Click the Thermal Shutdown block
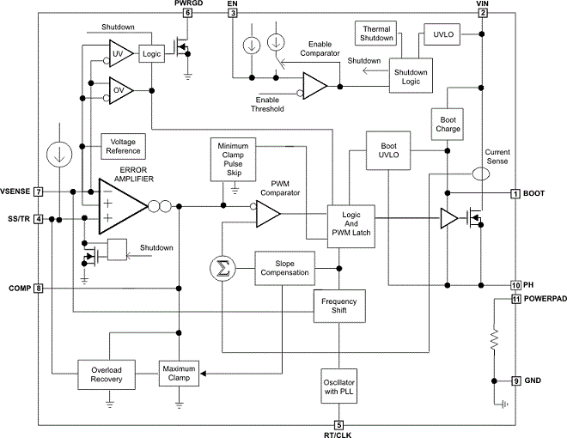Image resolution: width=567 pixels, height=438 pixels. coord(377,33)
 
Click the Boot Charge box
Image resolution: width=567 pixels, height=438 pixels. coord(449,123)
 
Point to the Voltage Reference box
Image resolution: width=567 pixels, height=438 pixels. coord(123,145)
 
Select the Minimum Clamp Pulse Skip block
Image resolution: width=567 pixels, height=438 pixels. coord(233,157)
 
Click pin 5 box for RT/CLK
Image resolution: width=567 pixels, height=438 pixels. coord(338,424)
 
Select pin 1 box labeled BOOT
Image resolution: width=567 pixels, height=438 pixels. coord(516,193)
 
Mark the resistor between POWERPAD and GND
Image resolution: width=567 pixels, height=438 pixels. coord(494,340)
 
